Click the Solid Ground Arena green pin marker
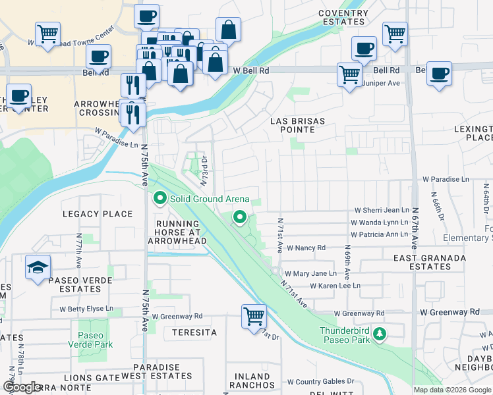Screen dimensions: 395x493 (159, 198)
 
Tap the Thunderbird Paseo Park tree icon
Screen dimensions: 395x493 (380, 335)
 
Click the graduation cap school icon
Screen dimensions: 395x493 (38, 267)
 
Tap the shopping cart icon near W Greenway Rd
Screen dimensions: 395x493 (254, 317)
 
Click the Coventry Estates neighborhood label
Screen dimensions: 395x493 (341, 17)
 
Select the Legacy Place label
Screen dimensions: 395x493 (98, 214)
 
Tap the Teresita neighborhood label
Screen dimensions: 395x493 (194, 332)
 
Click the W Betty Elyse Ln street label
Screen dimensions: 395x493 (86, 308)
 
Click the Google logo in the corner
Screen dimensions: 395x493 (22, 387)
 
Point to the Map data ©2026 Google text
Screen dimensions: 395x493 (452, 390)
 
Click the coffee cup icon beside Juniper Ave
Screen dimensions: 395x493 (439, 74)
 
